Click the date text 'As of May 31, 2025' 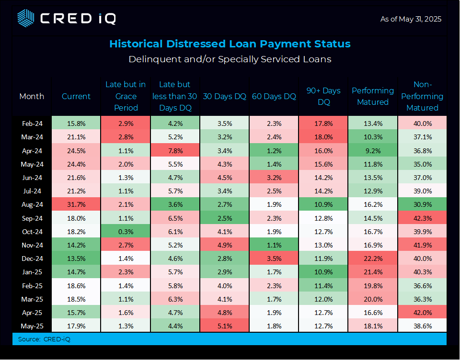pos(411,19)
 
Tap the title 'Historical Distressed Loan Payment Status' pos(230,44)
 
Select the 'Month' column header pos(32,96)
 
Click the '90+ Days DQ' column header pos(323,96)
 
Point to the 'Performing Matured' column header pos(373,96)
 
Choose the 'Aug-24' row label pos(32,204)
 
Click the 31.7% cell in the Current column pos(76,204)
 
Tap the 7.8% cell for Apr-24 pos(175,150)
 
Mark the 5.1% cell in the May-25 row pos(224,326)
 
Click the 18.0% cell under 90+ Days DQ pos(323,137)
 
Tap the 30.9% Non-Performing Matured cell pos(422,204)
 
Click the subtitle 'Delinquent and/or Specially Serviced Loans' pos(230,59)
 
